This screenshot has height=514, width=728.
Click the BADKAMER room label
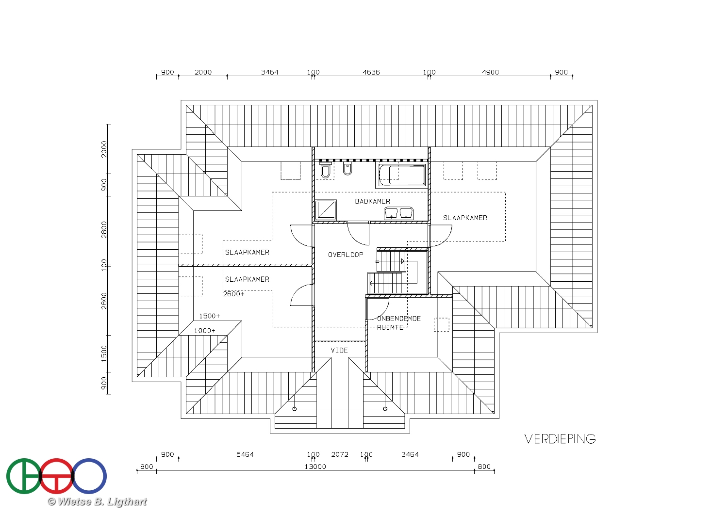pyautogui.click(x=372, y=201)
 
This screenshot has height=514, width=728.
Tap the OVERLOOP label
pyautogui.click(x=346, y=255)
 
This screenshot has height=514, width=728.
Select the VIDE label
pyautogui.click(x=339, y=351)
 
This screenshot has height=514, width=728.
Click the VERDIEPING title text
pyautogui.click(x=560, y=439)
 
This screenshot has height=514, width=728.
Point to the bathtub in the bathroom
pyautogui.click(x=402, y=176)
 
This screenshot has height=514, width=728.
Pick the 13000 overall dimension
pyautogui.click(x=315, y=466)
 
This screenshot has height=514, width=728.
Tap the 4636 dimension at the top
pyautogui.click(x=371, y=72)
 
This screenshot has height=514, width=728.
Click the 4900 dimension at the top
pyautogui.click(x=490, y=72)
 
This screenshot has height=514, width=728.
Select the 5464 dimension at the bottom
pyautogui.click(x=245, y=454)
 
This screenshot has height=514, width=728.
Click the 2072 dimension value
pyautogui.click(x=340, y=454)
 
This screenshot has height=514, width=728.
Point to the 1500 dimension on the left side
pyautogui.click(x=104, y=353)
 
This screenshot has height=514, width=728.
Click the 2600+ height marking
pyautogui.click(x=233, y=294)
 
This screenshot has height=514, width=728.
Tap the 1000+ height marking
pyautogui.click(x=205, y=331)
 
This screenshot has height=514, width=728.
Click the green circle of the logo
pyautogui.click(x=24, y=476)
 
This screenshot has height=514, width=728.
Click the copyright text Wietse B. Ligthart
pyautogui.click(x=97, y=502)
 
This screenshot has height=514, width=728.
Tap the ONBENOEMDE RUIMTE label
pyautogui.click(x=398, y=323)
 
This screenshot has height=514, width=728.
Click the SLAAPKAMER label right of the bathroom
pyautogui.click(x=465, y=218)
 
